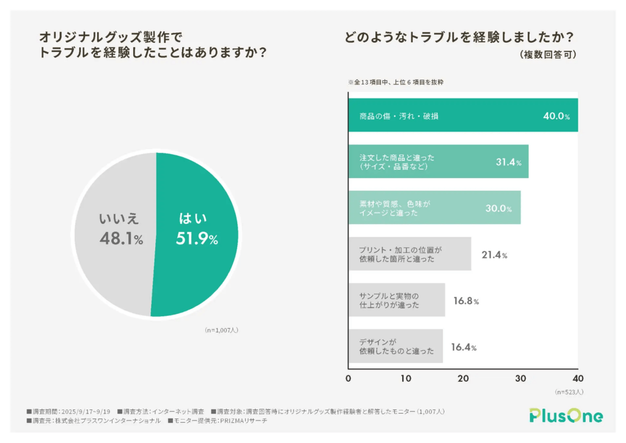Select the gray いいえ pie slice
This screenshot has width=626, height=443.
point(110,269)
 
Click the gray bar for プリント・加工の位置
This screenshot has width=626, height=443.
point(410,254)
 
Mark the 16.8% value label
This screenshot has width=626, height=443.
point(466,301)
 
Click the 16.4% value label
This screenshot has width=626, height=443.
point(463,348)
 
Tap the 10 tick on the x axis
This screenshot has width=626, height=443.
point(406,378)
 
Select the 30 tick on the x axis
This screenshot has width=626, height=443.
point(521,378)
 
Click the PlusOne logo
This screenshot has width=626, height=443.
point(566,415)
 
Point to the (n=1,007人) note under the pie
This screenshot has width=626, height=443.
point(221,330)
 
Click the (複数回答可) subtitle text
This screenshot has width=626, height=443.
point(548,54)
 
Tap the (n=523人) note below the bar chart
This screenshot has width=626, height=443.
point(570,392)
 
